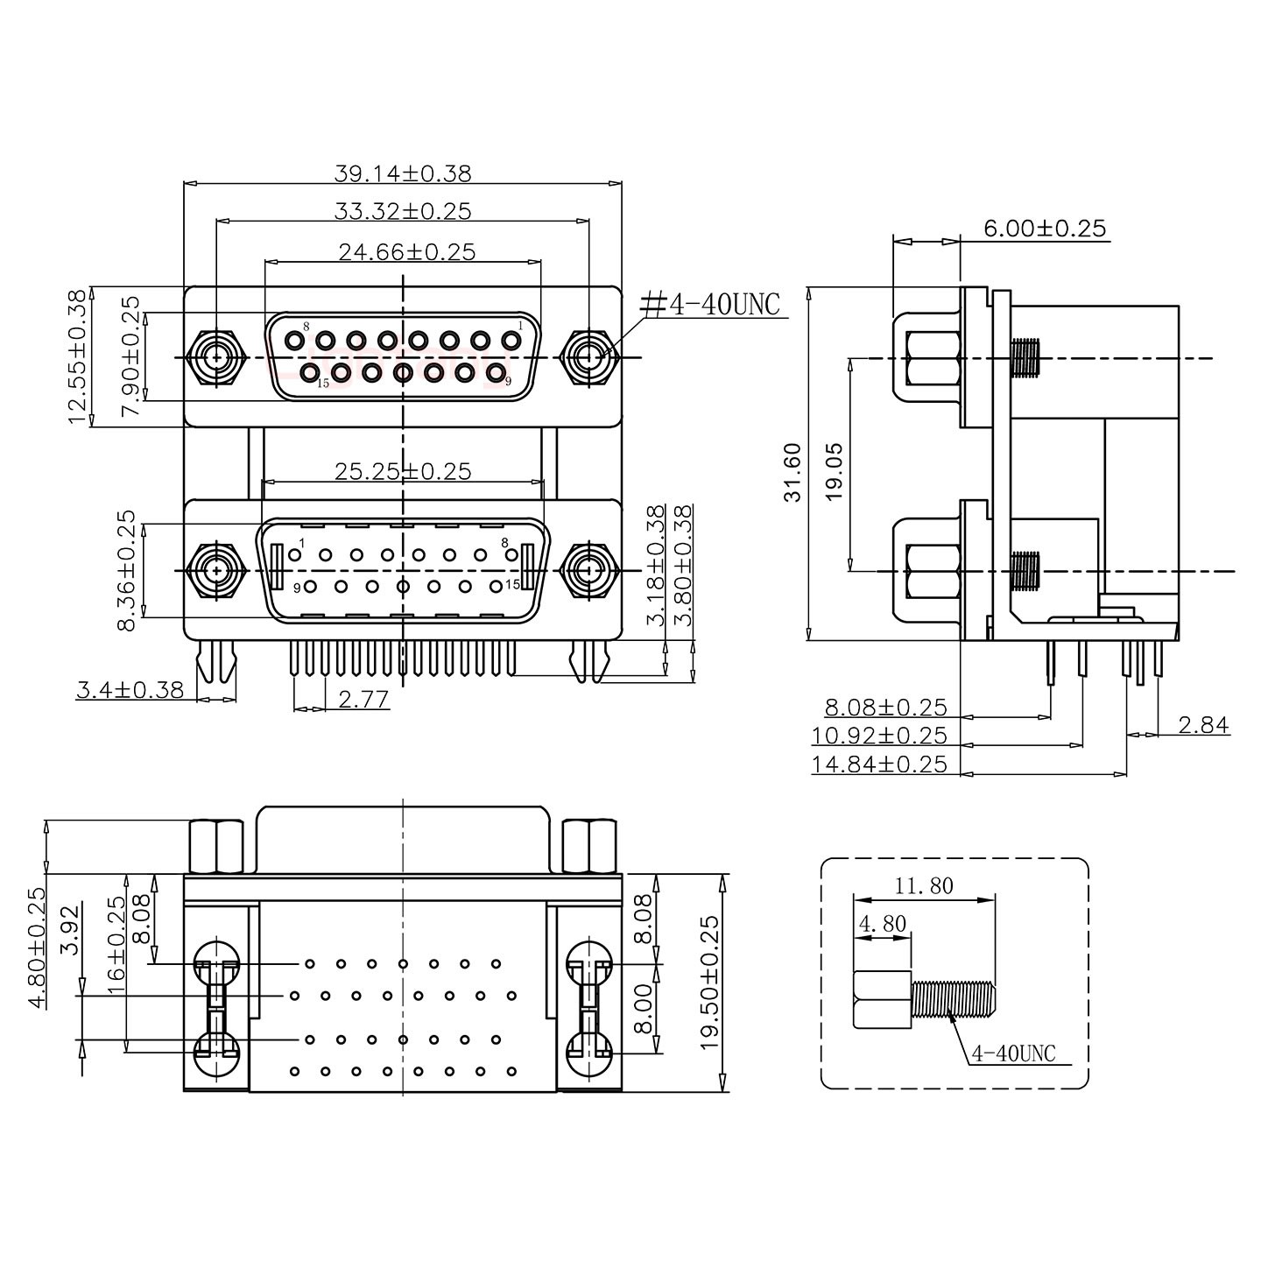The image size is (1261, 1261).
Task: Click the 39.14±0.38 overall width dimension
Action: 402,173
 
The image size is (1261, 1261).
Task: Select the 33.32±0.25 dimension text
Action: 402,211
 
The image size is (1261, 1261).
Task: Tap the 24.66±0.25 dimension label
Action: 406,252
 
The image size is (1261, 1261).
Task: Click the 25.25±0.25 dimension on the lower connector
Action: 402,471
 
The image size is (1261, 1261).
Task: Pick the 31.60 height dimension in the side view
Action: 793,472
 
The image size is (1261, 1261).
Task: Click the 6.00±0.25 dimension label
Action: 1045,229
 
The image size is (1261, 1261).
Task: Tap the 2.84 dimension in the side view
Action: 1203,725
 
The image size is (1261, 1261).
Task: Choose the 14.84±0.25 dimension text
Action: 879,764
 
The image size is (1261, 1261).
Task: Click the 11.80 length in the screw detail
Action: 924,885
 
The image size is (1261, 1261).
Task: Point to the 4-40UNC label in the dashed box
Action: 1013,1053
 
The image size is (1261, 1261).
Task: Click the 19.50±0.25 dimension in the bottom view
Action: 710,982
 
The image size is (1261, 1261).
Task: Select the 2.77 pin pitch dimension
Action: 363,699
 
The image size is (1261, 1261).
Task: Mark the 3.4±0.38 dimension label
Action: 130,690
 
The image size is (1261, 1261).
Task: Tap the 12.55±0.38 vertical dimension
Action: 78,357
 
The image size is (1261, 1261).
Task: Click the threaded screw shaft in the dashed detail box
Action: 954,1000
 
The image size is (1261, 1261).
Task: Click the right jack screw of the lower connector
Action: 588,571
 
